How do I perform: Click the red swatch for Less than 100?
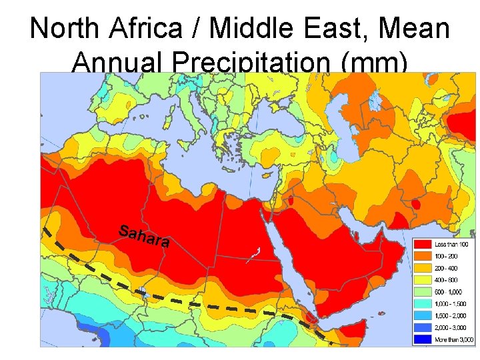[x=424, y=243]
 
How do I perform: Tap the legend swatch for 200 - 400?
[x=424, y=267]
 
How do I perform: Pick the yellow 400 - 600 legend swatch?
[x=424, y=279]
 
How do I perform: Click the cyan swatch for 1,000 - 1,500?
[x=424, y=303]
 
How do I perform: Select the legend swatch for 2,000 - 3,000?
[x=424, y=327]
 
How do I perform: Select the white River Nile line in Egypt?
[x=253, y=254]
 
